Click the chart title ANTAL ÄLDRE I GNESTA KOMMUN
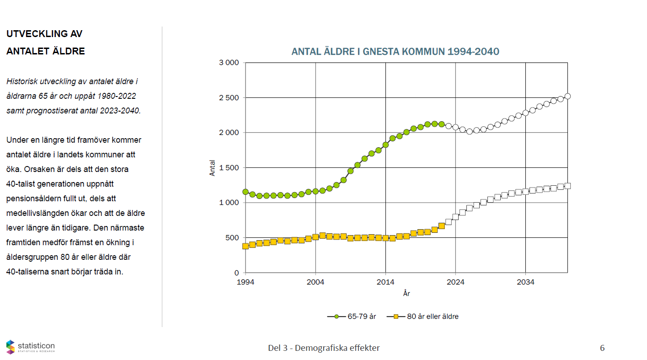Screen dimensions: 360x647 (x=395, y=51)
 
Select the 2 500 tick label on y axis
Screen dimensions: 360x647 (x=229, y=98)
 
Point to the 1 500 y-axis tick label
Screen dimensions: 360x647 (x=229, y=168)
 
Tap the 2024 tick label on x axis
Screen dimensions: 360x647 (x=455, y=282)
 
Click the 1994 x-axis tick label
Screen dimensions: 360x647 (x=246, y=282)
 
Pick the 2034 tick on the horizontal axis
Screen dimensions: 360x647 (x=525, y=282)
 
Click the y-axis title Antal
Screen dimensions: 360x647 (x=212, y=168)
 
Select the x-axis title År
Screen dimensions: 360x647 (x=406, y=293)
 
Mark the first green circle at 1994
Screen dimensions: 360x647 (x=246, y=192)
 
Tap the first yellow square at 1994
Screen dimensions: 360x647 (x=246, y=246)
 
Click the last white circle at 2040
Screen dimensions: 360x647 (x=567, y=96)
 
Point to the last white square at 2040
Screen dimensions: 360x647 (x=567, y=186)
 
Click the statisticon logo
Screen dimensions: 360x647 (x=30, y=347)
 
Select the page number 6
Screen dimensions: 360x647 (x=602, y=348)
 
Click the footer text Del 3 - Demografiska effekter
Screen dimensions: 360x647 (x=324, y=348)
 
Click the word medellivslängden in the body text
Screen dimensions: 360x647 (x=39, y=213)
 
